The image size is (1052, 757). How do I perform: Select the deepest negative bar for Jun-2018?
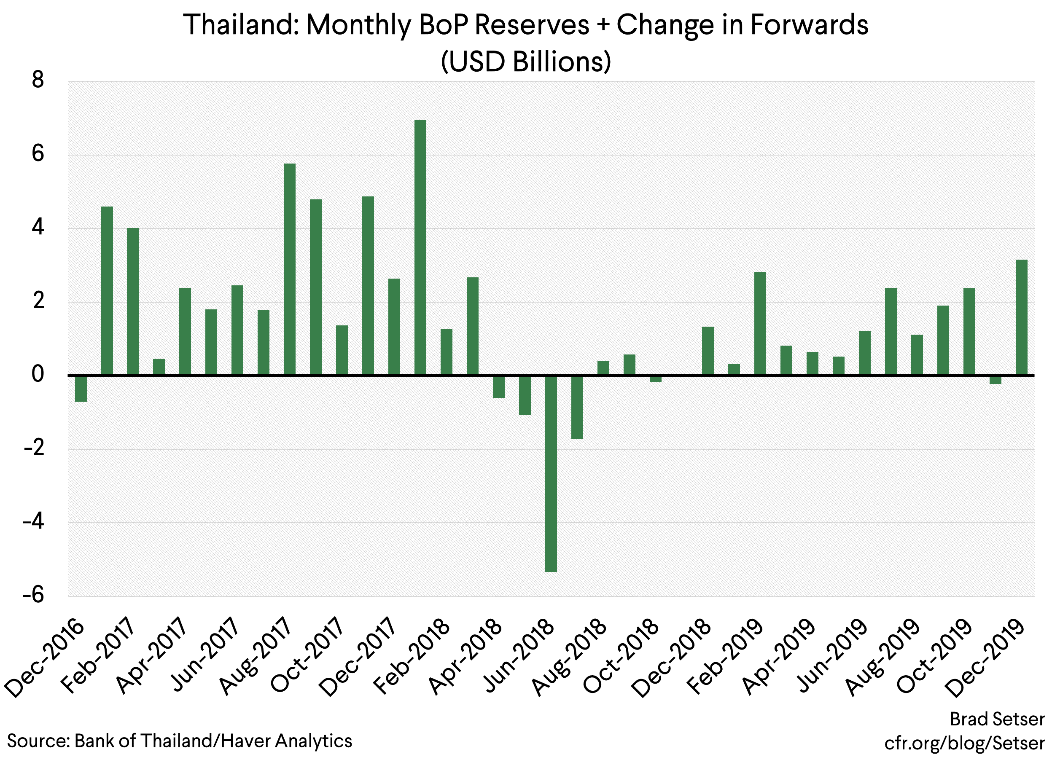pos(551,473)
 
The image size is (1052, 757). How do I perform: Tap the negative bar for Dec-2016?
pos(81,389)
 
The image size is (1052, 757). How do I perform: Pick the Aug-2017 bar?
pos(289,269)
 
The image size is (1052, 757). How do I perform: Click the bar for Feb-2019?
pos(760,324)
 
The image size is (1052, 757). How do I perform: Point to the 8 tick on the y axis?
pos(38,80)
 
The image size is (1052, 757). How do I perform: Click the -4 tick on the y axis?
pos(33,522)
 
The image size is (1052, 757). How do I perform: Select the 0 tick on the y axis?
pos(38,375)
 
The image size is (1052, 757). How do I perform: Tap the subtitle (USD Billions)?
pos(525,62)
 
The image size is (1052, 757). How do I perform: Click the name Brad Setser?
pos(997,719)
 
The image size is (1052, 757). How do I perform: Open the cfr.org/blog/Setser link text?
pos(964,743)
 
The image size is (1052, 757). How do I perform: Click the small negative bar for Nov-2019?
pos(995,380)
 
